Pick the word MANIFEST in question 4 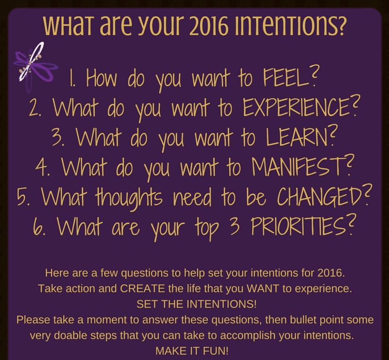(299, 167)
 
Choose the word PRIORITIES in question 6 (298, 226)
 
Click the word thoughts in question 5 (129, 197)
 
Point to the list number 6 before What (38, 227)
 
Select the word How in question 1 (101, 78)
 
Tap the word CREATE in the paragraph (142, 289)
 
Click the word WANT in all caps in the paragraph (263, 289)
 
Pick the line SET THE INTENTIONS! (197, 304)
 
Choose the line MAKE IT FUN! (192, 351)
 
